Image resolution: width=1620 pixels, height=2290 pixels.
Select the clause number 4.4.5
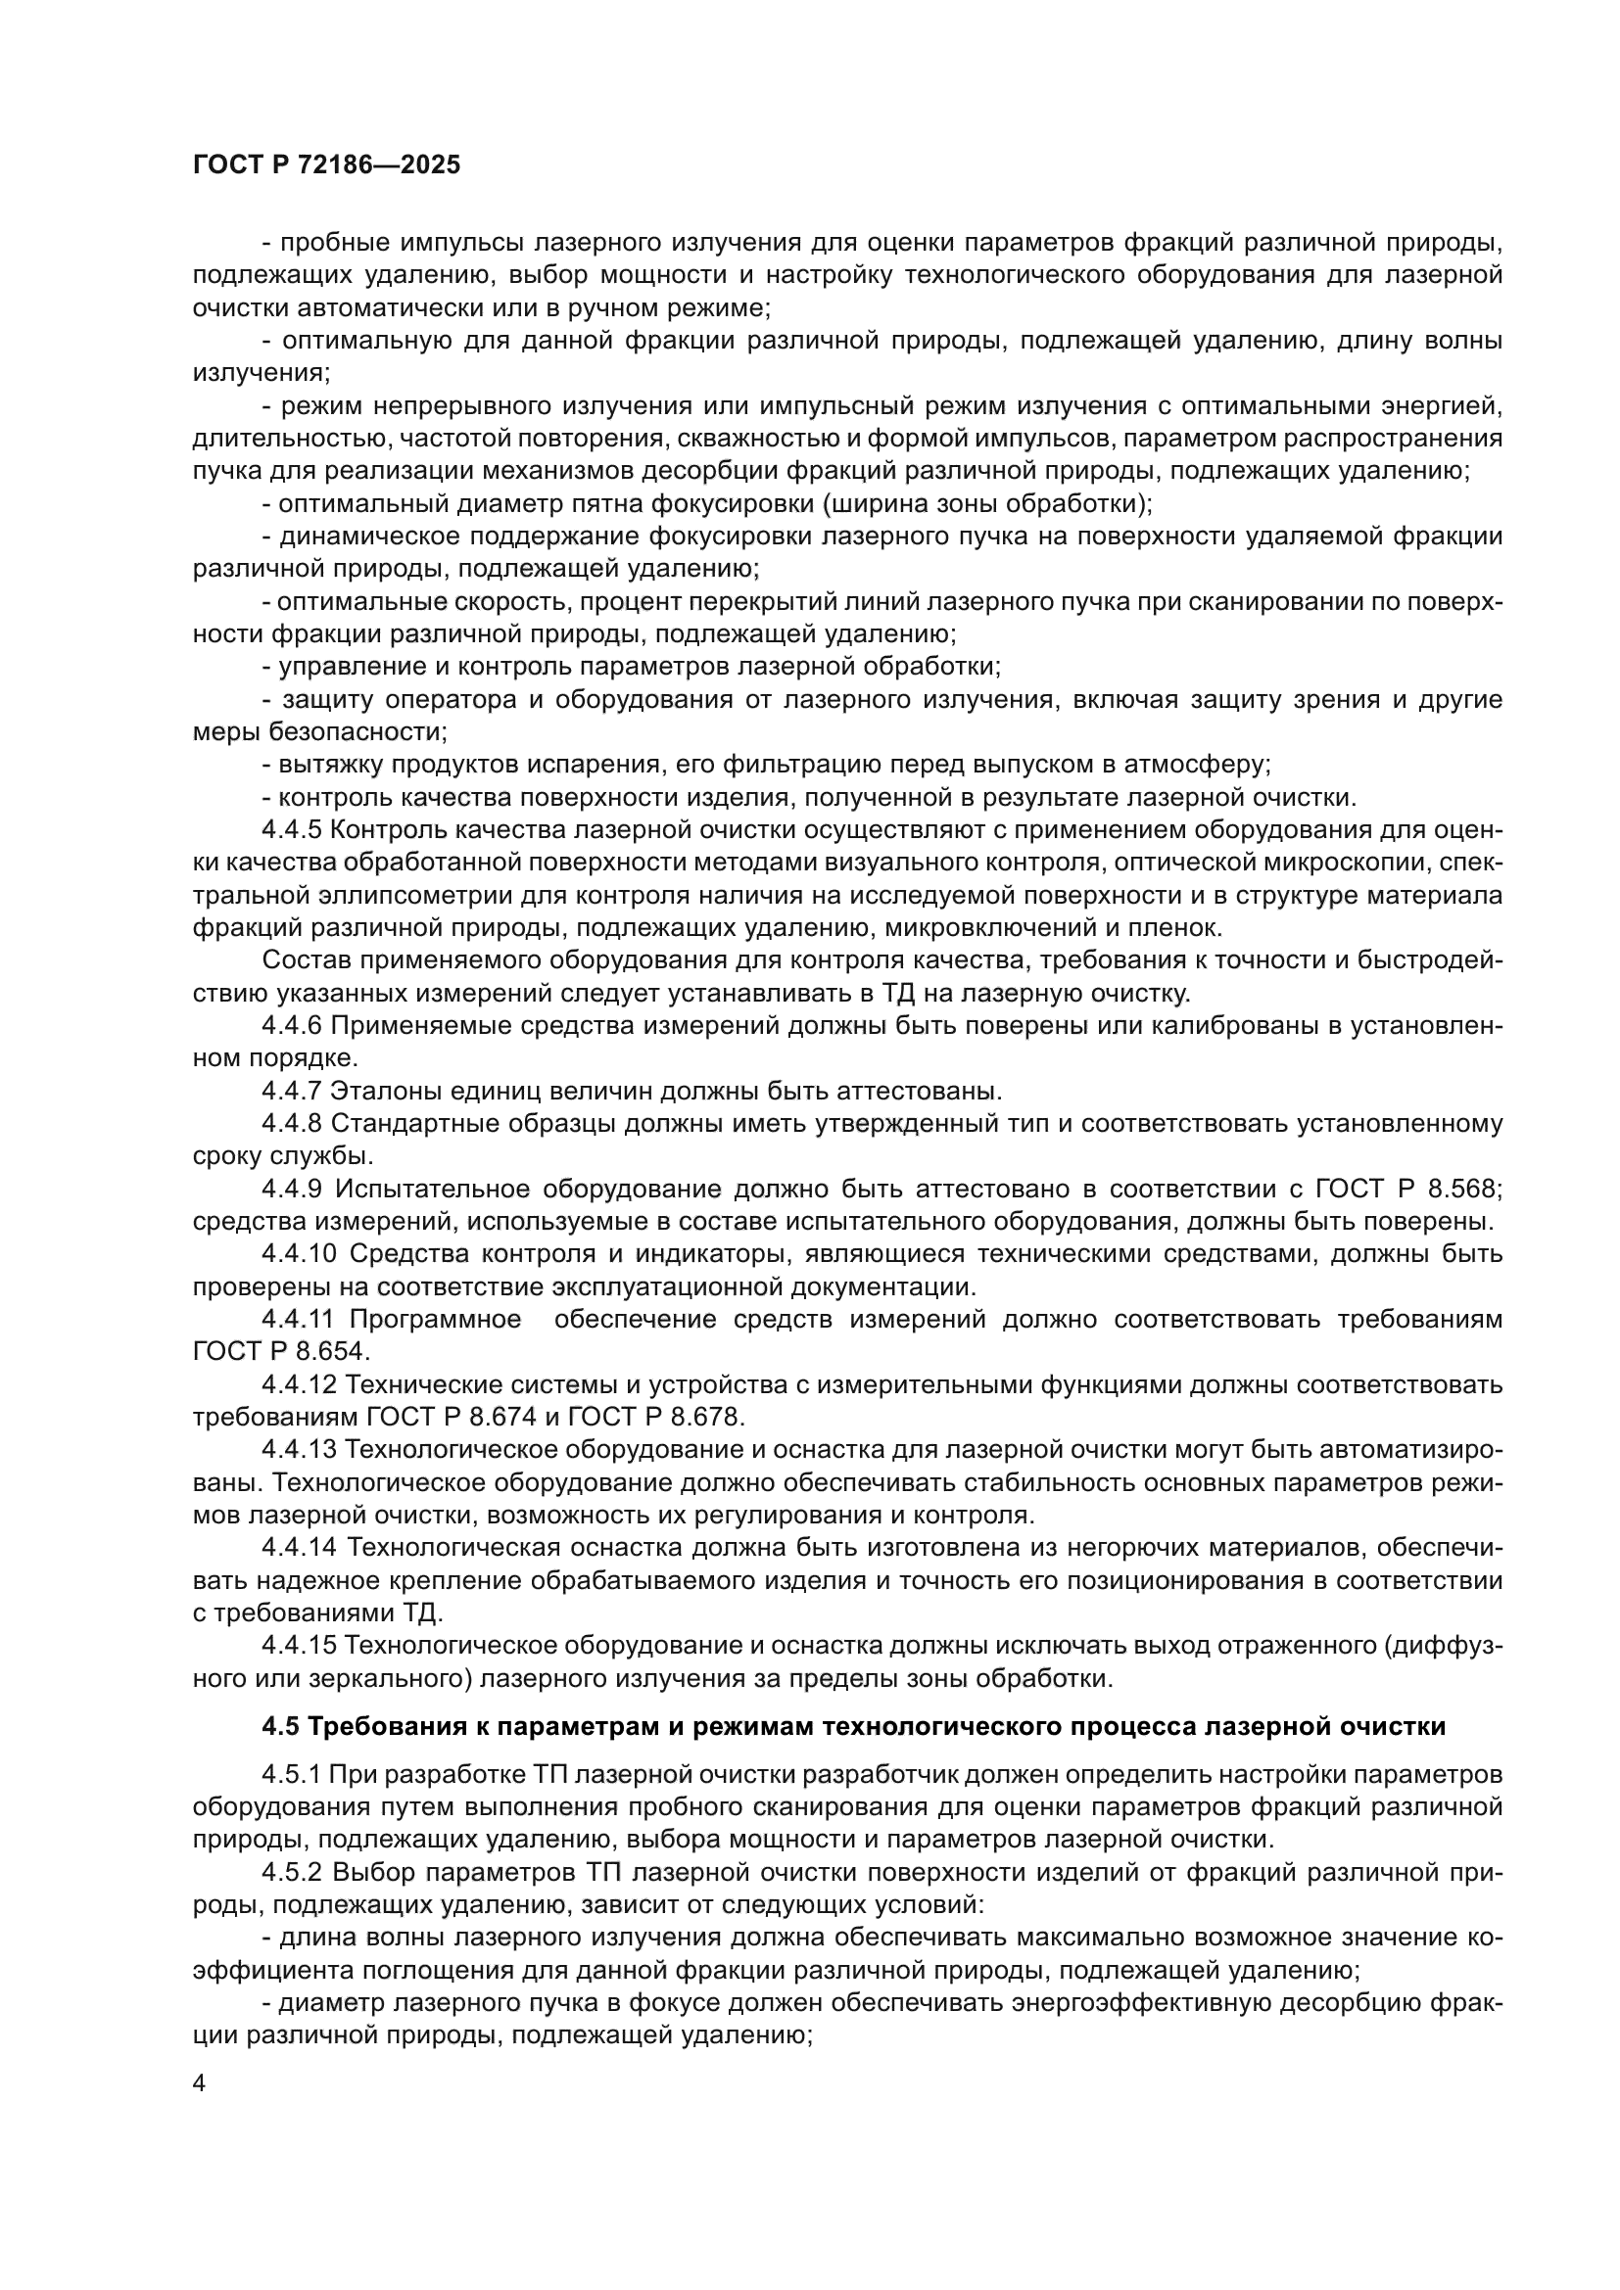click(x=292, y=830)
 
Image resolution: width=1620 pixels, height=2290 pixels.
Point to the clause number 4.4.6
click(x=292, y=1025)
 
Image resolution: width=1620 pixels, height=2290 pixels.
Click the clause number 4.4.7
click(x=292, y=1090)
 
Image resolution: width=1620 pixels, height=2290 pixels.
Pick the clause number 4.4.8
click(x=292, y=1123)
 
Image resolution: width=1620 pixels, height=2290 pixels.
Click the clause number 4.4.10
click(x=298, y=1254)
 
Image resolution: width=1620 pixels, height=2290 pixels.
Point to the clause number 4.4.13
click(x=298, y=1449)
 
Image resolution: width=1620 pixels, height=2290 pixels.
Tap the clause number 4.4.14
click(x=298, y=1547)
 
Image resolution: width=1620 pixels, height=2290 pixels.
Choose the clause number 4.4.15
click(x=298, y=1645)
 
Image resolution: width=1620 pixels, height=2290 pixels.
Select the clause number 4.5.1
click(x=292, y=1775)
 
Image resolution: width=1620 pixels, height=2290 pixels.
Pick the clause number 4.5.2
click(x=292, y=1873)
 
